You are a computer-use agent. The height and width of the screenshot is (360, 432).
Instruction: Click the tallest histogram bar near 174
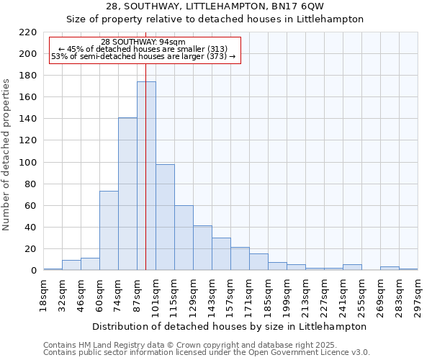pos(146,176)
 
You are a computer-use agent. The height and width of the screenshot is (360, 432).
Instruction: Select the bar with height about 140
pos(127,194)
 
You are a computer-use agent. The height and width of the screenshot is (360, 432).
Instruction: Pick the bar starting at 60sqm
pos(109,231)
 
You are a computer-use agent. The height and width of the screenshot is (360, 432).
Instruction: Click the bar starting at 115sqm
pos(184,238)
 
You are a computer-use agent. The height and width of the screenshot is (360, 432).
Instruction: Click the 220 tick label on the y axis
pos(27,32)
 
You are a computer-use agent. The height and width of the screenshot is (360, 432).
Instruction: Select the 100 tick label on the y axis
pos(27,163)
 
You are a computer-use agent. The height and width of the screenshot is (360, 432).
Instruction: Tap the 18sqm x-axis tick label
pos(44,295)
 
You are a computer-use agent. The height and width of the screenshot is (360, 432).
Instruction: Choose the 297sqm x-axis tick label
pos(418,295)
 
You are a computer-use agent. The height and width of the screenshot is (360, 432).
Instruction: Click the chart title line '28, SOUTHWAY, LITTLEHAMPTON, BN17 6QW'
pos(215,6)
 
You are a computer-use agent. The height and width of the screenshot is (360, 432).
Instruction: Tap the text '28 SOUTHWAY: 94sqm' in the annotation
pos(143,42)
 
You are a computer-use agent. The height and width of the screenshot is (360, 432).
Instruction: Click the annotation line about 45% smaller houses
pos(143,49)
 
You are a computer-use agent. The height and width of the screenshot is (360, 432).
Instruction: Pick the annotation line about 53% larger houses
pos(143,56)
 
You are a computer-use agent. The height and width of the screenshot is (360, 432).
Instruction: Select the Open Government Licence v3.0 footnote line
pos(207,353)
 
